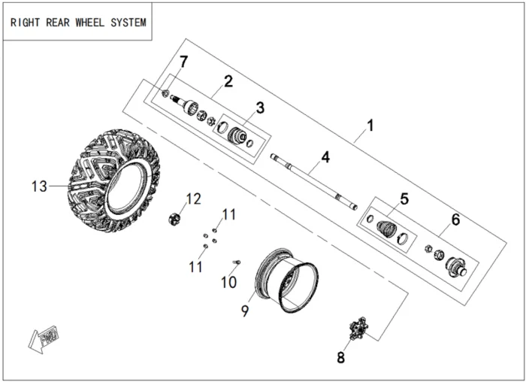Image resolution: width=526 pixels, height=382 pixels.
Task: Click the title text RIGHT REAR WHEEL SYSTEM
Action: pos(78,22)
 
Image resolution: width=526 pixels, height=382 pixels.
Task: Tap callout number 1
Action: pos(370,124)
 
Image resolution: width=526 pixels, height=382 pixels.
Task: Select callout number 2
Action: pos(228,80)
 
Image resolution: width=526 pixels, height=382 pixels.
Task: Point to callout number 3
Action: pos(259,108)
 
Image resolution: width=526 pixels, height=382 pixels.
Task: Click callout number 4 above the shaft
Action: pos(325,158)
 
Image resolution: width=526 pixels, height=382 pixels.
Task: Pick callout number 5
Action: pos(404,199)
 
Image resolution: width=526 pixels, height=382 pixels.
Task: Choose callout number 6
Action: pos(455,220)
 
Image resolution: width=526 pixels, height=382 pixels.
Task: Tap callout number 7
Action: pos(183,60)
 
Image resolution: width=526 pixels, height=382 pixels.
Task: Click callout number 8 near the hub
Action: pos(340,358)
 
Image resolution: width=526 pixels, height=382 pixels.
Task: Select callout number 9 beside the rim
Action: pos(244,310)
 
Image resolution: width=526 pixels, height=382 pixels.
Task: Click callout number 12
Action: pos(193,199)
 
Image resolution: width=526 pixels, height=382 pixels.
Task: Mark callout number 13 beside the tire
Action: pos(40,186)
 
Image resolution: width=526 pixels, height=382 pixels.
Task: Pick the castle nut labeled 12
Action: pos(174,220)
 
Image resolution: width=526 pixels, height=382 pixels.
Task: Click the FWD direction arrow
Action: pos(44,337)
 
